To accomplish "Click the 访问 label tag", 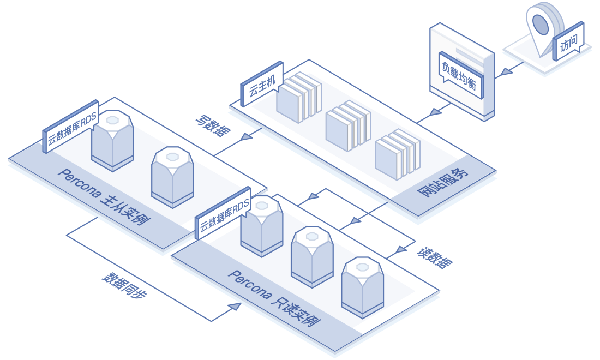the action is tap(568, 41).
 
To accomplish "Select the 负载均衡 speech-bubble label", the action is tap(461, 75).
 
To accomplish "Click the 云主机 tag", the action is tap(262, 84).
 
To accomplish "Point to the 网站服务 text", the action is tap(443, 182).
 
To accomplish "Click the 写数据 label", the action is tap(213, 125).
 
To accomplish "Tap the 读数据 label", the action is tap(435, 258).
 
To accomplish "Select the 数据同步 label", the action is tap(124, 285).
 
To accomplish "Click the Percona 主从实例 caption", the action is tap(104, 197).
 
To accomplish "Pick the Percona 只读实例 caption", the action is tap(274, 298).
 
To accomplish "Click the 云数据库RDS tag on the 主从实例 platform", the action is tap(70, 127).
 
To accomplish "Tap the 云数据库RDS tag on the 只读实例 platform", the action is tap(223, 213).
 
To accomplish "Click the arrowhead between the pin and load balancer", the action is tap(507, 71).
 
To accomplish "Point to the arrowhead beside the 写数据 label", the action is tap(246, 136).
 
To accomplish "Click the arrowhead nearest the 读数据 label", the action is tap(401, 250).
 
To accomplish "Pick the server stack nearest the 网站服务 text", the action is tap(398, 154).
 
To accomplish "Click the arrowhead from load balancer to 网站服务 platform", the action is tap(435, 112).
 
